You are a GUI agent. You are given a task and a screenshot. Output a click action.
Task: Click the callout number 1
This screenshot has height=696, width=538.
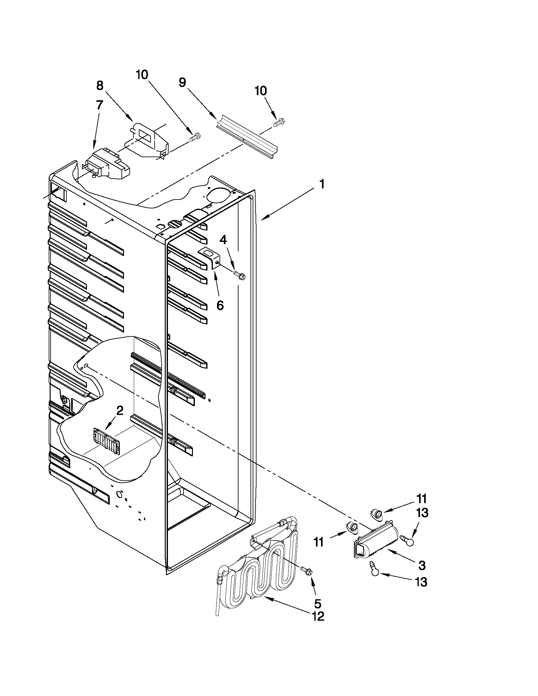(x=322, y=184)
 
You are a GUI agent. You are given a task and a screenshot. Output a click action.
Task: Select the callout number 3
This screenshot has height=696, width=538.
(x=421, y=566)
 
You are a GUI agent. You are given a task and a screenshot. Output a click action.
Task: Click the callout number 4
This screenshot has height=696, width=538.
(x=223, y=240)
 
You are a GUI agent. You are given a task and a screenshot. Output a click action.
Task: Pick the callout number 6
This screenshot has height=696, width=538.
(x=220, y=305)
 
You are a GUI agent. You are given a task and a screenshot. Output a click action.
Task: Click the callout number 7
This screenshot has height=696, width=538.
(x=99, y=105)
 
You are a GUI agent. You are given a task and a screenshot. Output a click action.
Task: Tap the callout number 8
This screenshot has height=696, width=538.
(x=100, y=85)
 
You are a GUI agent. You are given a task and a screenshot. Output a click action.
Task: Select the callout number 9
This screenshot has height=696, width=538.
(x=182, y=83)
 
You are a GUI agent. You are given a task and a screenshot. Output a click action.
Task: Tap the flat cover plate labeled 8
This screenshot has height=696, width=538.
(x=147, y=140)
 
